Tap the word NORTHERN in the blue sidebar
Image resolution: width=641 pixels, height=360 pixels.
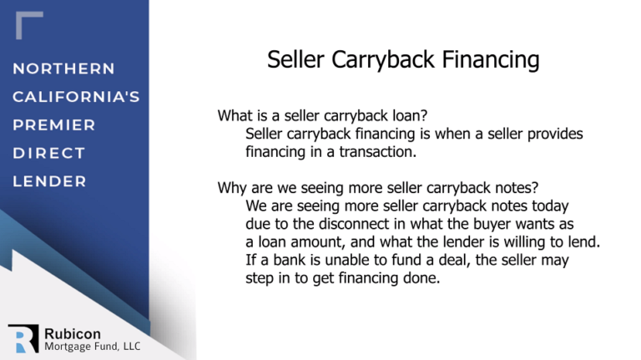coord(64,68)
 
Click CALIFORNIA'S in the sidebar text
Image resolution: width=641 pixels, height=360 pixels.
coord(76,97)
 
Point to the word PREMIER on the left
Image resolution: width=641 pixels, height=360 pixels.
coord(54,125)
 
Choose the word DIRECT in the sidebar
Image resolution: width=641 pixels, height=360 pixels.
coord(49,154)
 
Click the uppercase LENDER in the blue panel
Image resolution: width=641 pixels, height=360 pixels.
coord(49,181)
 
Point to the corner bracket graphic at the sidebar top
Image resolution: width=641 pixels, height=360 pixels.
coord(28,25)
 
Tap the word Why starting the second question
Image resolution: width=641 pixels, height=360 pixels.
coord(231,187)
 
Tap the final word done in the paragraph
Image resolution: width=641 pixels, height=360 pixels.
coord(421,278)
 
